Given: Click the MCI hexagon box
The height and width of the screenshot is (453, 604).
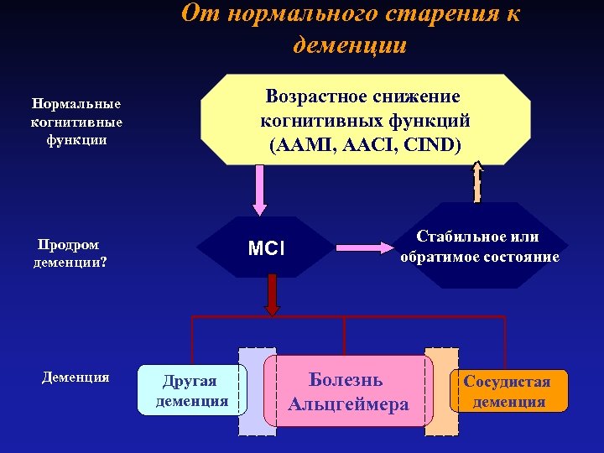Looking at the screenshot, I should click(268, 248).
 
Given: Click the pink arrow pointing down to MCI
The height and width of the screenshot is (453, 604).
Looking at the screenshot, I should click(260, 190).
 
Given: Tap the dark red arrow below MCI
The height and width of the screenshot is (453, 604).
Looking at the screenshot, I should click(271, 295).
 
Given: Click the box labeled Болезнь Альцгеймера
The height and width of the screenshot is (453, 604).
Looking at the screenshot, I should click(348, 391).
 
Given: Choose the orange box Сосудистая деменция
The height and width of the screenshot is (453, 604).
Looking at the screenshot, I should click(508, 391).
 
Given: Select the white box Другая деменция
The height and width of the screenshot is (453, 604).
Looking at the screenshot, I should click(192, 390).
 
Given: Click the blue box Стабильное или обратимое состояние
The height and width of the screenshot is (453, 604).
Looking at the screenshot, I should click(479, 247).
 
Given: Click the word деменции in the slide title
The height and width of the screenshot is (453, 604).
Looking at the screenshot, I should click(350, 44).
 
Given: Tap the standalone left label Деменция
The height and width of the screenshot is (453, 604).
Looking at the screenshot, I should click(75, 377).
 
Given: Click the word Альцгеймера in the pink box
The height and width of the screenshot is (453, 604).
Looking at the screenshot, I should click(348, 404).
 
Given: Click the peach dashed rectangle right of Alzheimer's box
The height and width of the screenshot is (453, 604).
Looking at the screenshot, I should click(441, 391).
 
